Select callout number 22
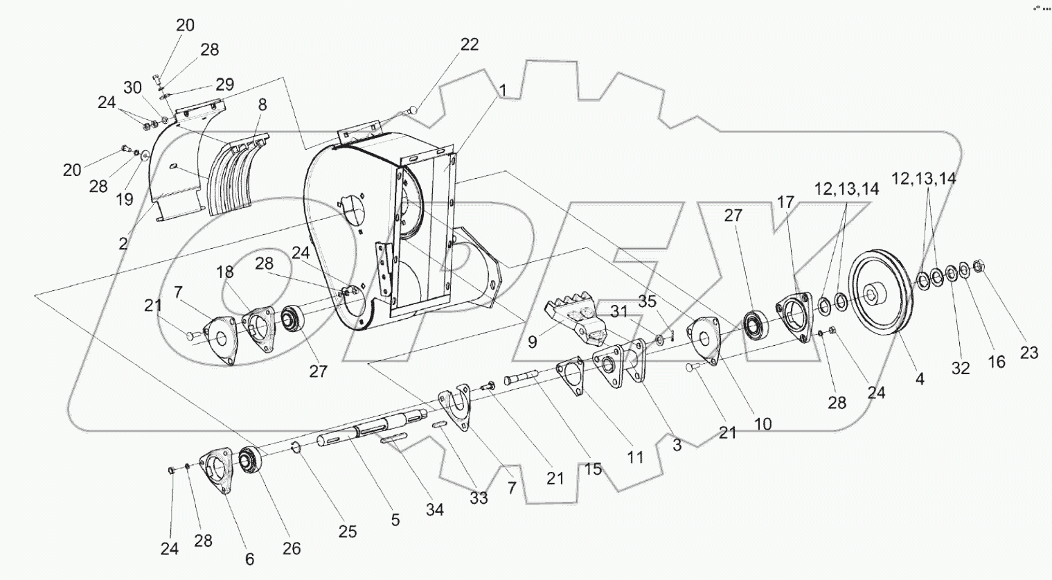click(x=469, y=44)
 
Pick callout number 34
click(x=435, y=511)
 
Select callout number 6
click(x=249, y=559)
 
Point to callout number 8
click(x=262, y=105)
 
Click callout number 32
click(x=960, y=369)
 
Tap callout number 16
click(x=996, y=361)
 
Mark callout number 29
click(x=224, y=85)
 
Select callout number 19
click(x=124, y=200)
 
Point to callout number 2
click(x=123, y=244)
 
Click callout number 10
click(x=763, y=423)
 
